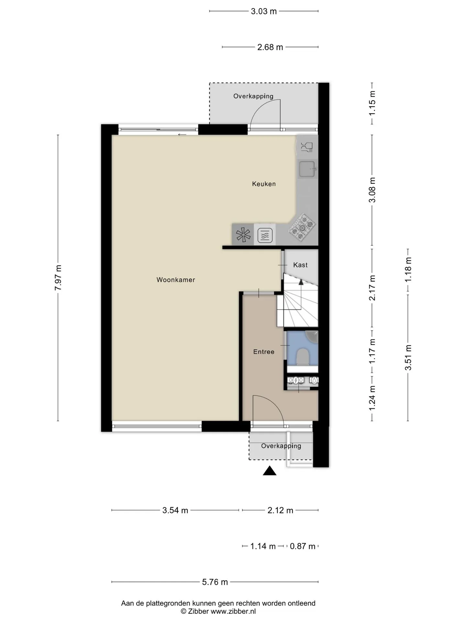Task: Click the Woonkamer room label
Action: [176, 280]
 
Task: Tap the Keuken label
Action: [264, 184]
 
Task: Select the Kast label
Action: [300, 265]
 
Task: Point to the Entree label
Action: [264, 352]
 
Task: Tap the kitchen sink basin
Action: [307, 169]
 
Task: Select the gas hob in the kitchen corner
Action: [302, 227]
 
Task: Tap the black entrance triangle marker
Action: [270, 471]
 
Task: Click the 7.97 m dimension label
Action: [58, 278]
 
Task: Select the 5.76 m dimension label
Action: [215, 582]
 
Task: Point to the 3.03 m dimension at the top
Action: [264, 11]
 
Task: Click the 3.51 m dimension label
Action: [408, 358]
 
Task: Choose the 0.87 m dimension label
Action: [303, 547]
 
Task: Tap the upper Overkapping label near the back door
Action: [253, 96]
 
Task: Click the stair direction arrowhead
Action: [301, 282]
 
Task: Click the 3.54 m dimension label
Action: [175, 511]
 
